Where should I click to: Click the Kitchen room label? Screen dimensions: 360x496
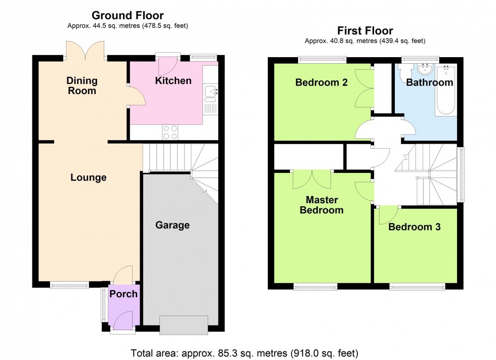click(173, 81)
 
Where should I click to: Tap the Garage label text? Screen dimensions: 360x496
click(172, 225)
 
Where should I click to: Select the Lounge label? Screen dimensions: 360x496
click(89, 177)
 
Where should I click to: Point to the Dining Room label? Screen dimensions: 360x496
click(81, 86)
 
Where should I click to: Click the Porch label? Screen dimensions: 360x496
click(123, 294)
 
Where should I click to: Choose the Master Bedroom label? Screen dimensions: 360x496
click(321, 205)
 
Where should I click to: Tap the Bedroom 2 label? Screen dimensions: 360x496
click(321, 82)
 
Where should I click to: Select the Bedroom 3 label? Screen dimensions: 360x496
click(415, 227)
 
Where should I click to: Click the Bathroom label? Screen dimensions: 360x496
click(429, 82)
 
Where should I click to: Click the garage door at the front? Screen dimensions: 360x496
click(183, 325)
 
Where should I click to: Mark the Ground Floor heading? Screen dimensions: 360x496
click(128, 16)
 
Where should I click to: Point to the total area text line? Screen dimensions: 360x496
click(244, 352)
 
